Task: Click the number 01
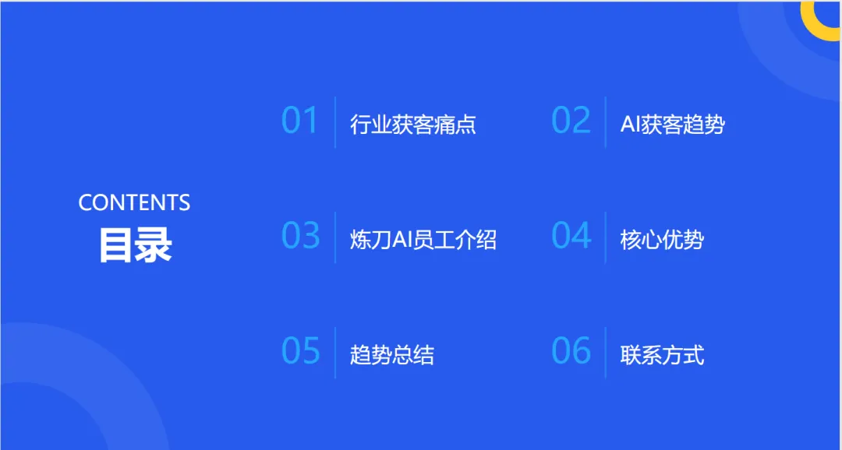[300, 121]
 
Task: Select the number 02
[571, 121]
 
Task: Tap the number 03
[300, 236]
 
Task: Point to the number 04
[571, 236]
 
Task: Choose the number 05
[300, 351]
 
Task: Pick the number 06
[571, 351]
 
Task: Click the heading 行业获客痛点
[412, 125]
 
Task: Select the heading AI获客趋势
[672, 125]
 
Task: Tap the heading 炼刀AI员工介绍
[423, 240]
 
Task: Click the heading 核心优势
[662, 240]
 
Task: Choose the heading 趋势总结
[391, 355]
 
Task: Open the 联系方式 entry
[662, 355]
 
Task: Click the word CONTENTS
[134, 203]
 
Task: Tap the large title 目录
[134, 245]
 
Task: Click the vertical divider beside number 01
[335, 122]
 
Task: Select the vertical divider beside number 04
[606, 237]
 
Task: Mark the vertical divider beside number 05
[335, 352]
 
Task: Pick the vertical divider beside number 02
[606, 122]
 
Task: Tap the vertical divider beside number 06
[606, 352]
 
